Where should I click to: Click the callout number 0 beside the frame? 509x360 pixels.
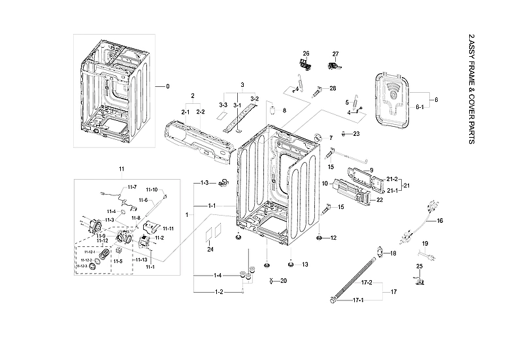coord(167,86)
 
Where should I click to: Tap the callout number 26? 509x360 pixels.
coord(305,53)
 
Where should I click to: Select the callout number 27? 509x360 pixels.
coord(335,54)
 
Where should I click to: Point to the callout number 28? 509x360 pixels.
coord(333,88)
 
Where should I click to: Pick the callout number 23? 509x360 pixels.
coord(356,133)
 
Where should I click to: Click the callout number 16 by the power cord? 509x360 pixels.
coord(440,221)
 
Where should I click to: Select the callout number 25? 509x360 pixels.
coord(420,267)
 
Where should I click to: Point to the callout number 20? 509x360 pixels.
coord(283,281)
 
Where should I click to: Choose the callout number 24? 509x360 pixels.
coord(210,250)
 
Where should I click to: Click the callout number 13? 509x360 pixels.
coord(304,265)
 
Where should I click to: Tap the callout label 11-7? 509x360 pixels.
coord(131,187)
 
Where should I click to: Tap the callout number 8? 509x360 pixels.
coord(284,112)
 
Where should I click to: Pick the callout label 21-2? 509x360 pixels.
coord(393,179)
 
